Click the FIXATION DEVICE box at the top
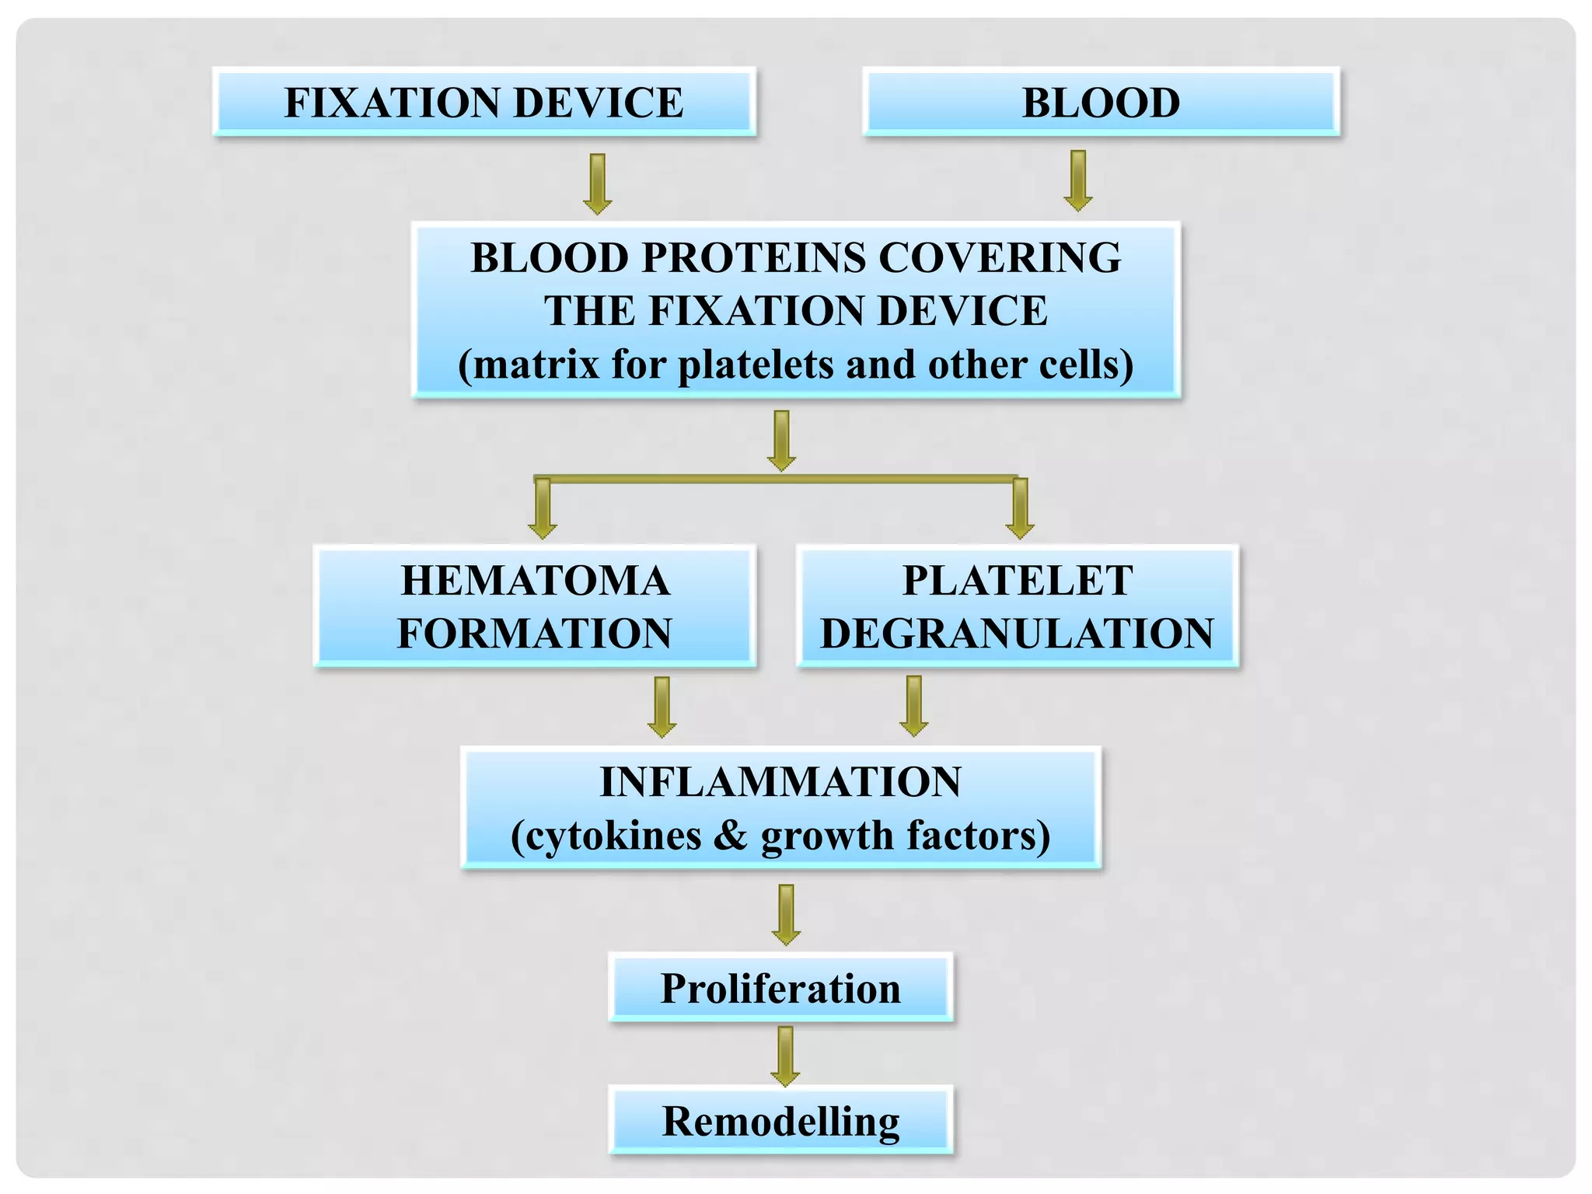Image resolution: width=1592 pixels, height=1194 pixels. pos(484,103)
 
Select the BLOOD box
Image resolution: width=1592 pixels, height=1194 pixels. pos(1101,103)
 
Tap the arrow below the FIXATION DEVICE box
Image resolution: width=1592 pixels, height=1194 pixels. pos(598,183)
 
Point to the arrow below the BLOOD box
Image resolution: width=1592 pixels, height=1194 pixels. pos(1078,180)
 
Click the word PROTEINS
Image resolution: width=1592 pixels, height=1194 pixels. pos(752,257)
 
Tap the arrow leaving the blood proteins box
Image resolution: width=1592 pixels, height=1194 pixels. pos(781,440)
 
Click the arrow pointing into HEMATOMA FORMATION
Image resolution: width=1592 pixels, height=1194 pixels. pos(543,509)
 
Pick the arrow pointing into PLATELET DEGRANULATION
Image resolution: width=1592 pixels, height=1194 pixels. pos(1020,509)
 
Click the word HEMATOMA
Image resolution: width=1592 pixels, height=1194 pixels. pos(535,581)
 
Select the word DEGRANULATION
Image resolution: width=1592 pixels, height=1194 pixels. pos(1017,634)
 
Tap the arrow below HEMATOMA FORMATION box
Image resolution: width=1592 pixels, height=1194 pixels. pos(662,707)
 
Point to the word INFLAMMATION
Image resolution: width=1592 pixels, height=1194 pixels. pos(780,782)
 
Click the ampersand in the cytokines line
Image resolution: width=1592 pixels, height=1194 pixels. pos(730,836)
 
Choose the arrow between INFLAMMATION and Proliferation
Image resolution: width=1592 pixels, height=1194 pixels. pos(786,914)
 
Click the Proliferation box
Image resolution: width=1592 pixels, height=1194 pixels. pos(780,988)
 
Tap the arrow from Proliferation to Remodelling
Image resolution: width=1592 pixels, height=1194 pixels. pos(785,1056)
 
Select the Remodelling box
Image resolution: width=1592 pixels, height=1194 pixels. pos(780,1121)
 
